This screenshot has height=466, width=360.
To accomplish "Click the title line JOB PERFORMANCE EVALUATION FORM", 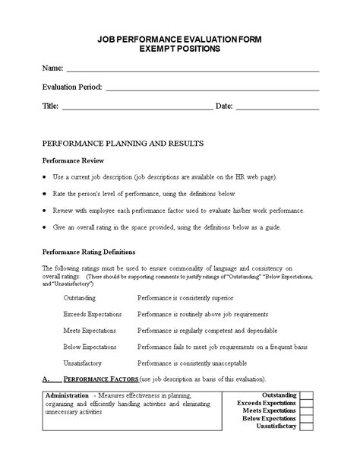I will pyautogui.click(x=180, y=40).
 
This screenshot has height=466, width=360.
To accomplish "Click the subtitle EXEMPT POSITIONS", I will pyautogui.click(x=180, y=49).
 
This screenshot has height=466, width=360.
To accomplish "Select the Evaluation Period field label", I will pyautogui.click(x=72, y=87).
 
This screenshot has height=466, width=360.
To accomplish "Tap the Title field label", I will pyautogui.click(x=49, y=106).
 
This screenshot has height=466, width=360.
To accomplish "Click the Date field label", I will pyautogui.click(x=224, y=106).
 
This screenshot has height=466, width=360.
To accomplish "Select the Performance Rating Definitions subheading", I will pyautogui.click(x=88, y=251).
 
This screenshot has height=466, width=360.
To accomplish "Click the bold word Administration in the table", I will pyautogui.click(x=67, y=396).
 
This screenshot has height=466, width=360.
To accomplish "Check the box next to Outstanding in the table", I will pyautogui.click(x=306, y=396).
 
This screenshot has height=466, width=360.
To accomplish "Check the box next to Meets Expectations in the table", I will pyautogui.click(x=306, y=411).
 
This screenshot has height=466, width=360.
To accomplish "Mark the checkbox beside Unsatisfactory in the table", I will pyautogui.click(x=306, y=426).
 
